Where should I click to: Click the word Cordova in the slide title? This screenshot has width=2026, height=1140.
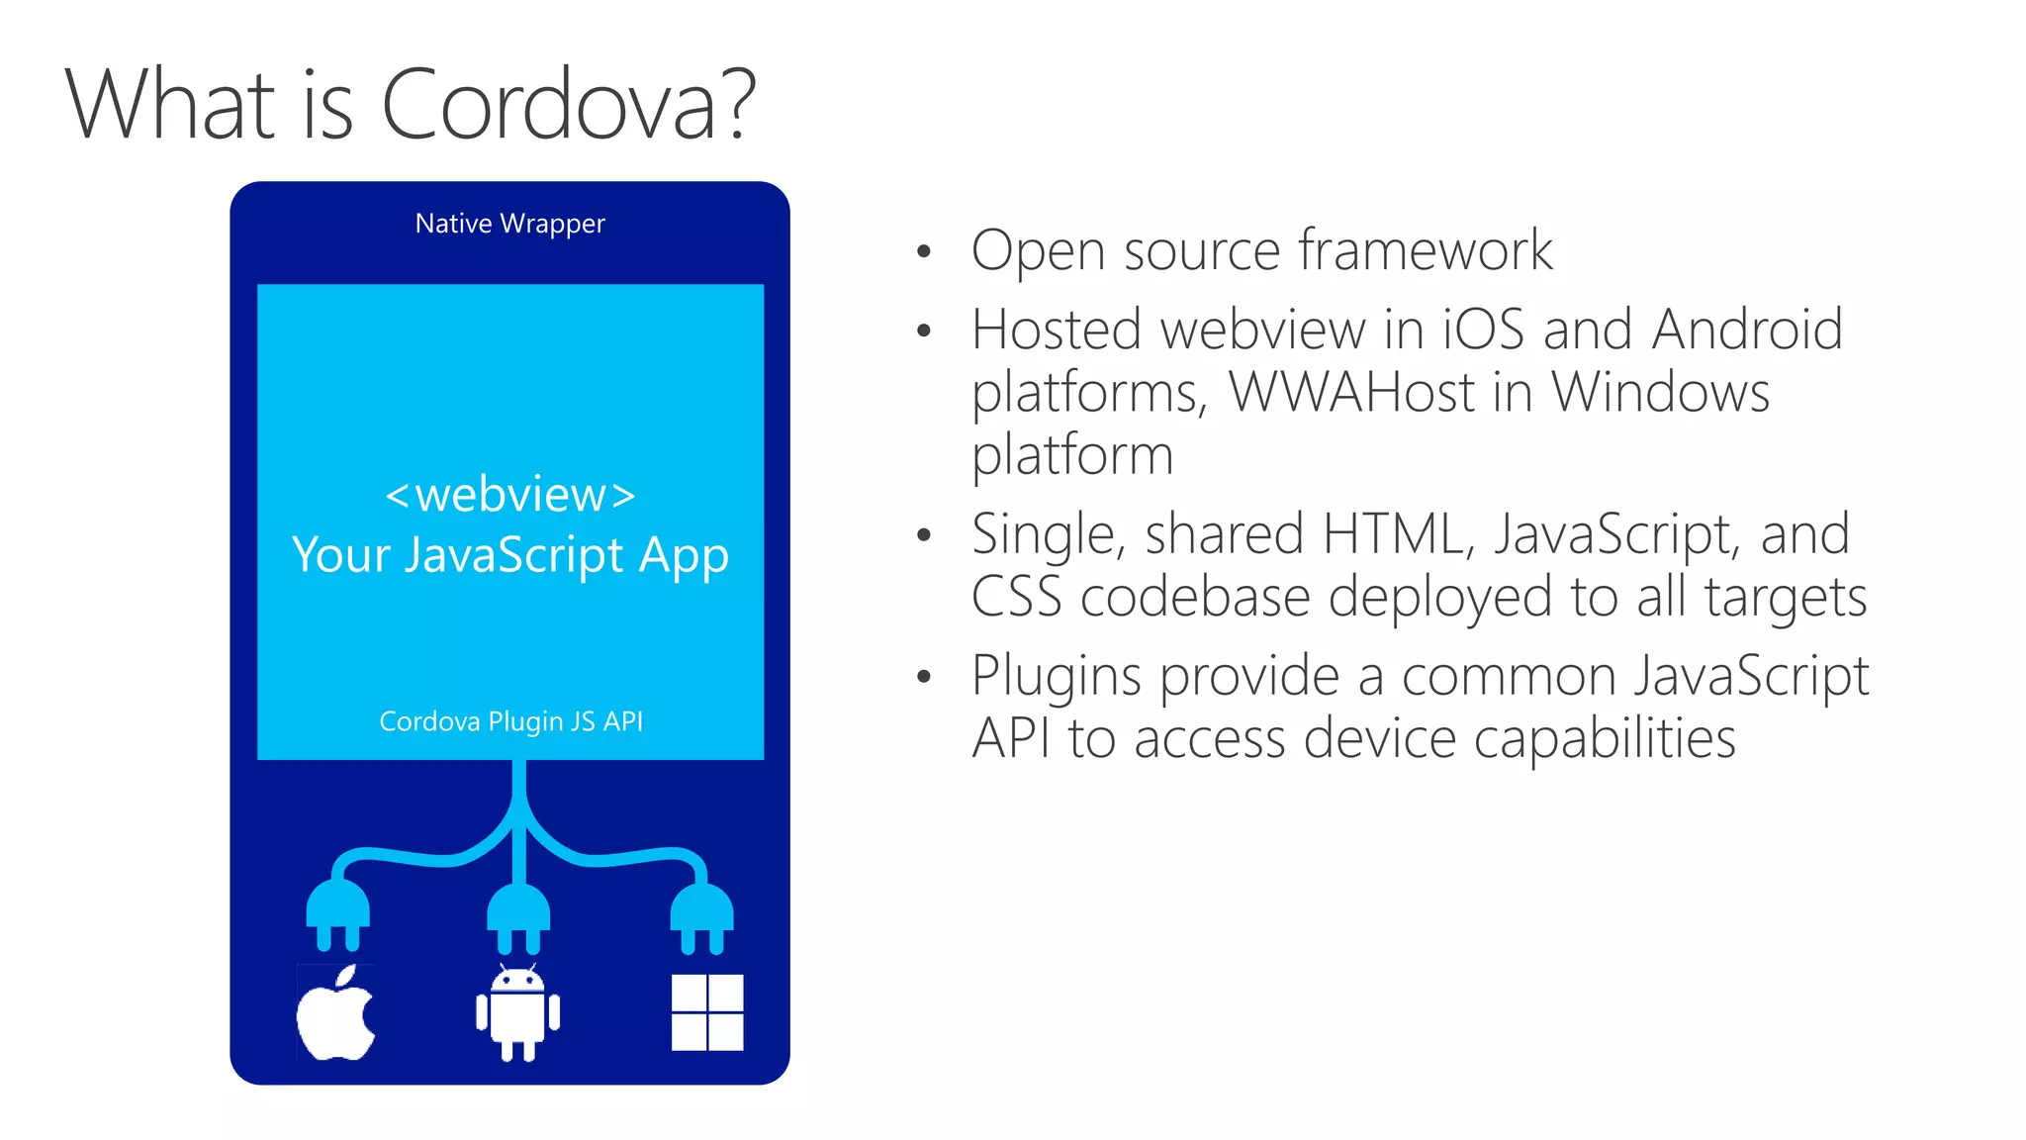(549, 105)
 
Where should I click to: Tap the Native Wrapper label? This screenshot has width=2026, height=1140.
(509, 224)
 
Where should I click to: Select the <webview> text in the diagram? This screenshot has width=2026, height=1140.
(510, 494)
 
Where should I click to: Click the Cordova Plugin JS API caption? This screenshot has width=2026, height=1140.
(510, 721)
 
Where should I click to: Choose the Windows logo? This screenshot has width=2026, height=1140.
(707, 1012)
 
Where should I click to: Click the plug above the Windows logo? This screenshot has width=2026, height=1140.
(702, 915)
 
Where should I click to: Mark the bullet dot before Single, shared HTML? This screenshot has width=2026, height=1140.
(924, 535)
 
